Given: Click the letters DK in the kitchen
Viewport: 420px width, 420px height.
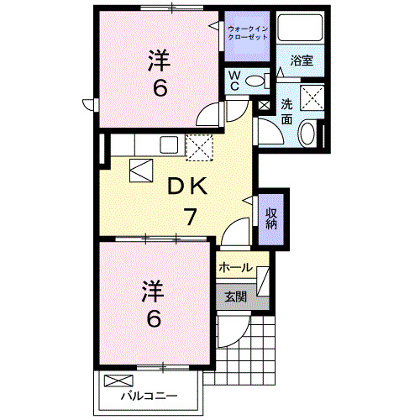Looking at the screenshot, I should click(191, 186).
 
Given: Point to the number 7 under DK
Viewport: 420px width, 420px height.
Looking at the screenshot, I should click(191, 217).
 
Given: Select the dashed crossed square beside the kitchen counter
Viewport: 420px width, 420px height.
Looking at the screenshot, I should click(200, 148).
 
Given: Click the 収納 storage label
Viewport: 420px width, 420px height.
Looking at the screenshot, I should click(272, 218).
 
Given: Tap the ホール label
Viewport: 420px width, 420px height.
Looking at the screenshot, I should click(234, 268).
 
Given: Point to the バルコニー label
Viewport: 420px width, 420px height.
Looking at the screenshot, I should click(148, 396).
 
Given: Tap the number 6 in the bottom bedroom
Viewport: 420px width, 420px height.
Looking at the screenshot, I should click(153, 319).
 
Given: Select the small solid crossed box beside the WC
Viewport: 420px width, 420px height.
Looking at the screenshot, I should click(265, 107).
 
